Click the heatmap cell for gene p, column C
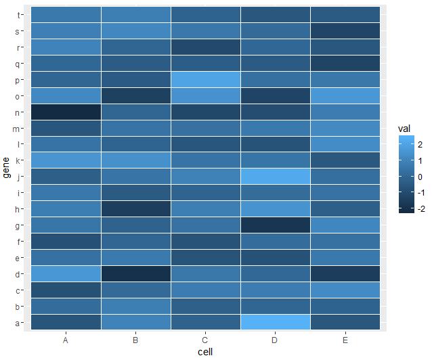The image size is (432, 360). pos(206,79)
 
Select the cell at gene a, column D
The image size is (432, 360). pos(276,322)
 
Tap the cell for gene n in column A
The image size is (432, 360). pos(66,112)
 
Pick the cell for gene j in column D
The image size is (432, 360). pos(276,177)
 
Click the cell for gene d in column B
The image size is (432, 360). pos(135,273)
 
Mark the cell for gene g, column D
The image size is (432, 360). pos(276,225)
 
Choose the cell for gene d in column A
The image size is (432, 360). pos(66,273)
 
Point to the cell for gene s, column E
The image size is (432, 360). pos(345,30)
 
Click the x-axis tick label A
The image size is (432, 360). pos(66,340)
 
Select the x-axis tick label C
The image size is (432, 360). pos(206,340)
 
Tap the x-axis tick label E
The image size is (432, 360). pos(345,340)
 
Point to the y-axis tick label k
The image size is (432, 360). pos(18,160)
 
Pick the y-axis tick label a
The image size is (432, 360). pos(18,322)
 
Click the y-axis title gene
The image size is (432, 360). pos(6,168)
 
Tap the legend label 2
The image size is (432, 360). pos(420,144)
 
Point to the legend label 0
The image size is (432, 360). pos(420,177)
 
